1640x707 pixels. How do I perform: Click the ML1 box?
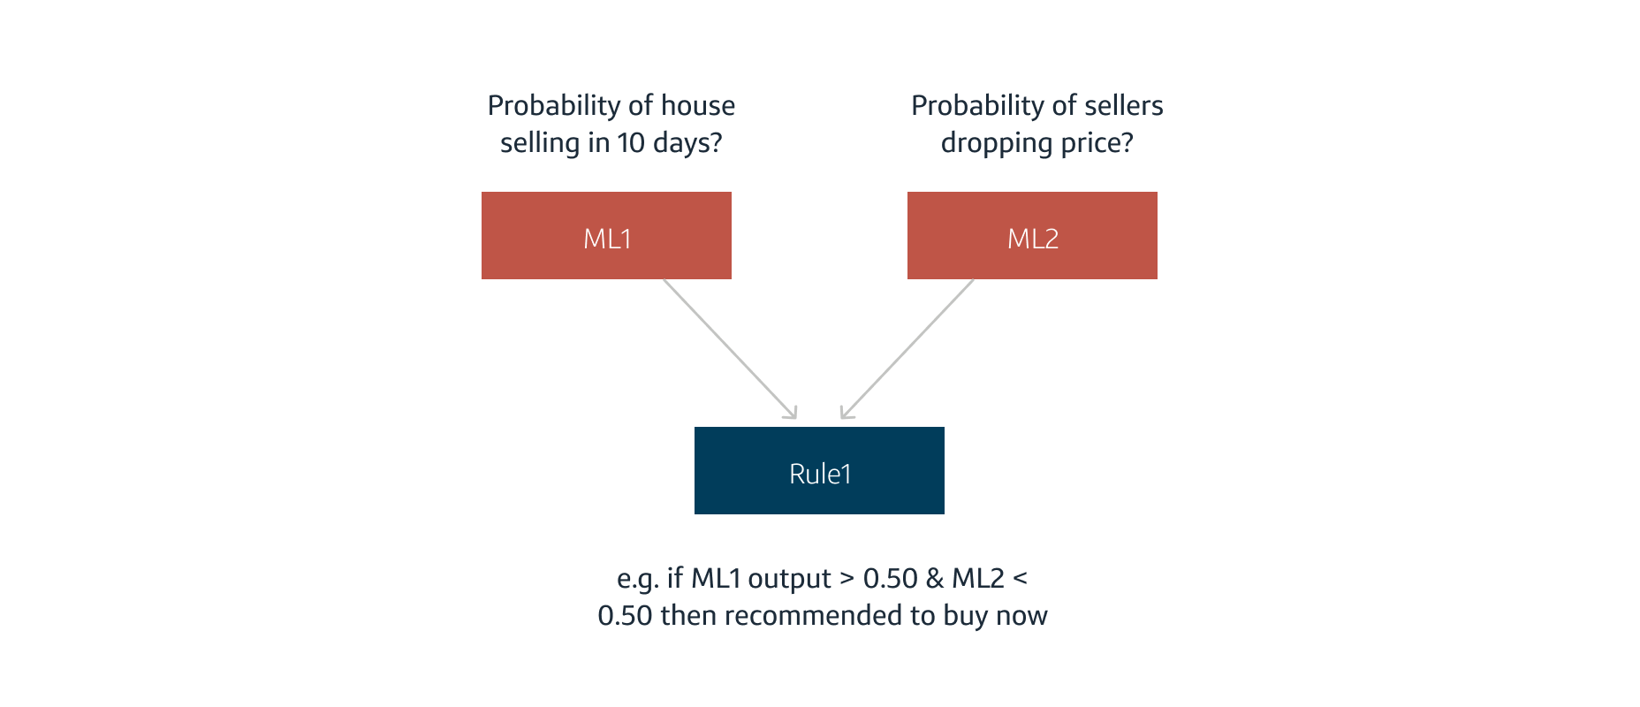606,236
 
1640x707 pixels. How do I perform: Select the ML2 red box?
1032,236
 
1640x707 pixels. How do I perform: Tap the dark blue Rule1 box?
819,471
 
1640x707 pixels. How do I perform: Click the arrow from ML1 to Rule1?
729,348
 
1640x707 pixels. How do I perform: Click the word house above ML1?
698,105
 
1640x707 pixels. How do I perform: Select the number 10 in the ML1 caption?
631,142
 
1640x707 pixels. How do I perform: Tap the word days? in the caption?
687,143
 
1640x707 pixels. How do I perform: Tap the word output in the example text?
789,579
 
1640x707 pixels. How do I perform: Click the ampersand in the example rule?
935,579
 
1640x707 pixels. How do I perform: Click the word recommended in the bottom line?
817,615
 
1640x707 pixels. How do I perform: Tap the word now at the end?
1021,616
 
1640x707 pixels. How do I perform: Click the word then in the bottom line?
687,615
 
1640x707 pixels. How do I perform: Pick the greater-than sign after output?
847,579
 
